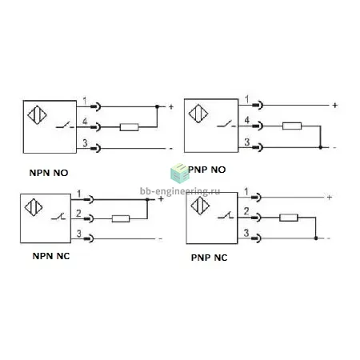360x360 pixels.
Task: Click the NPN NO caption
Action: coord(49,173)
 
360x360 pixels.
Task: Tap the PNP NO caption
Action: coord(207,170)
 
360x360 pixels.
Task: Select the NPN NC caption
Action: coord(51,256)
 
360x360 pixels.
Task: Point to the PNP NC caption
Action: coord(210,258)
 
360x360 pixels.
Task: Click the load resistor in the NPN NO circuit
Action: coord(130,127)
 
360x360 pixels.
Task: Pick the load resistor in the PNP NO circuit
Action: coord(292,126)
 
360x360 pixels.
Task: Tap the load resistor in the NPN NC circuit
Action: coord(121,219)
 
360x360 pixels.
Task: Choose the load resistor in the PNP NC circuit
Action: coord(289,218)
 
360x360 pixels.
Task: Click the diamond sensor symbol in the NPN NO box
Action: coord(37,115)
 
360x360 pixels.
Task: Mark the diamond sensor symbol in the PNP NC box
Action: coord(200,206)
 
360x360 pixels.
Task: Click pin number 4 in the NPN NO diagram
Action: coord(85,122)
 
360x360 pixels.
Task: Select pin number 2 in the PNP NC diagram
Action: coord(246,211)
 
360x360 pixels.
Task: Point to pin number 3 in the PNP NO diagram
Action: coord(247,142)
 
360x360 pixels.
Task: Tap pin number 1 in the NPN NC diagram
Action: coord(79,194)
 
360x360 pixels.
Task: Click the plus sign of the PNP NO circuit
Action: coord(335,106)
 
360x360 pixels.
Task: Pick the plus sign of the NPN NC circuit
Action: coord(161,199)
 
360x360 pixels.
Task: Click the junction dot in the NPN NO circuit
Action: coord(157,106)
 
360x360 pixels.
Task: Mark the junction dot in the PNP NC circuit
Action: coord(316,238)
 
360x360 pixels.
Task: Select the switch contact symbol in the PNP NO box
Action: coord(226,124)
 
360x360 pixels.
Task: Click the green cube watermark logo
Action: coord(179,174)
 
